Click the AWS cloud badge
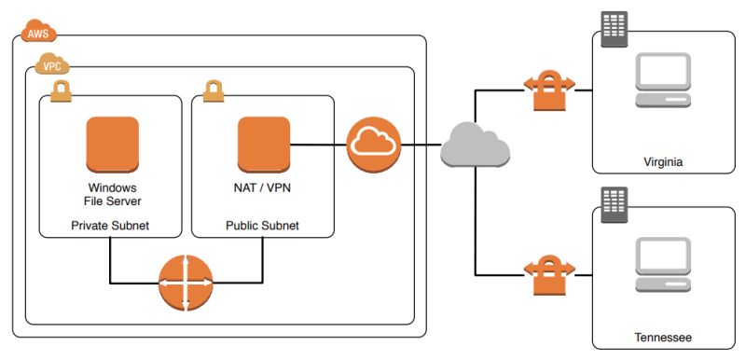coord(38,34)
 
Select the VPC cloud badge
coord(53,65)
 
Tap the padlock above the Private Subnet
coord(62,90)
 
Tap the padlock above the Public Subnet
coord(214,90)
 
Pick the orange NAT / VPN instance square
coord(265,144)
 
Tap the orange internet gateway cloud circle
coord(373,145)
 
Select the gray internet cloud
coord(475,145)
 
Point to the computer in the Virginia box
coord(662,83)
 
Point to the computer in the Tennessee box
coord(662,265)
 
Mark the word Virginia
coord(663,161)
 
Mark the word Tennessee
coord(663,336)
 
